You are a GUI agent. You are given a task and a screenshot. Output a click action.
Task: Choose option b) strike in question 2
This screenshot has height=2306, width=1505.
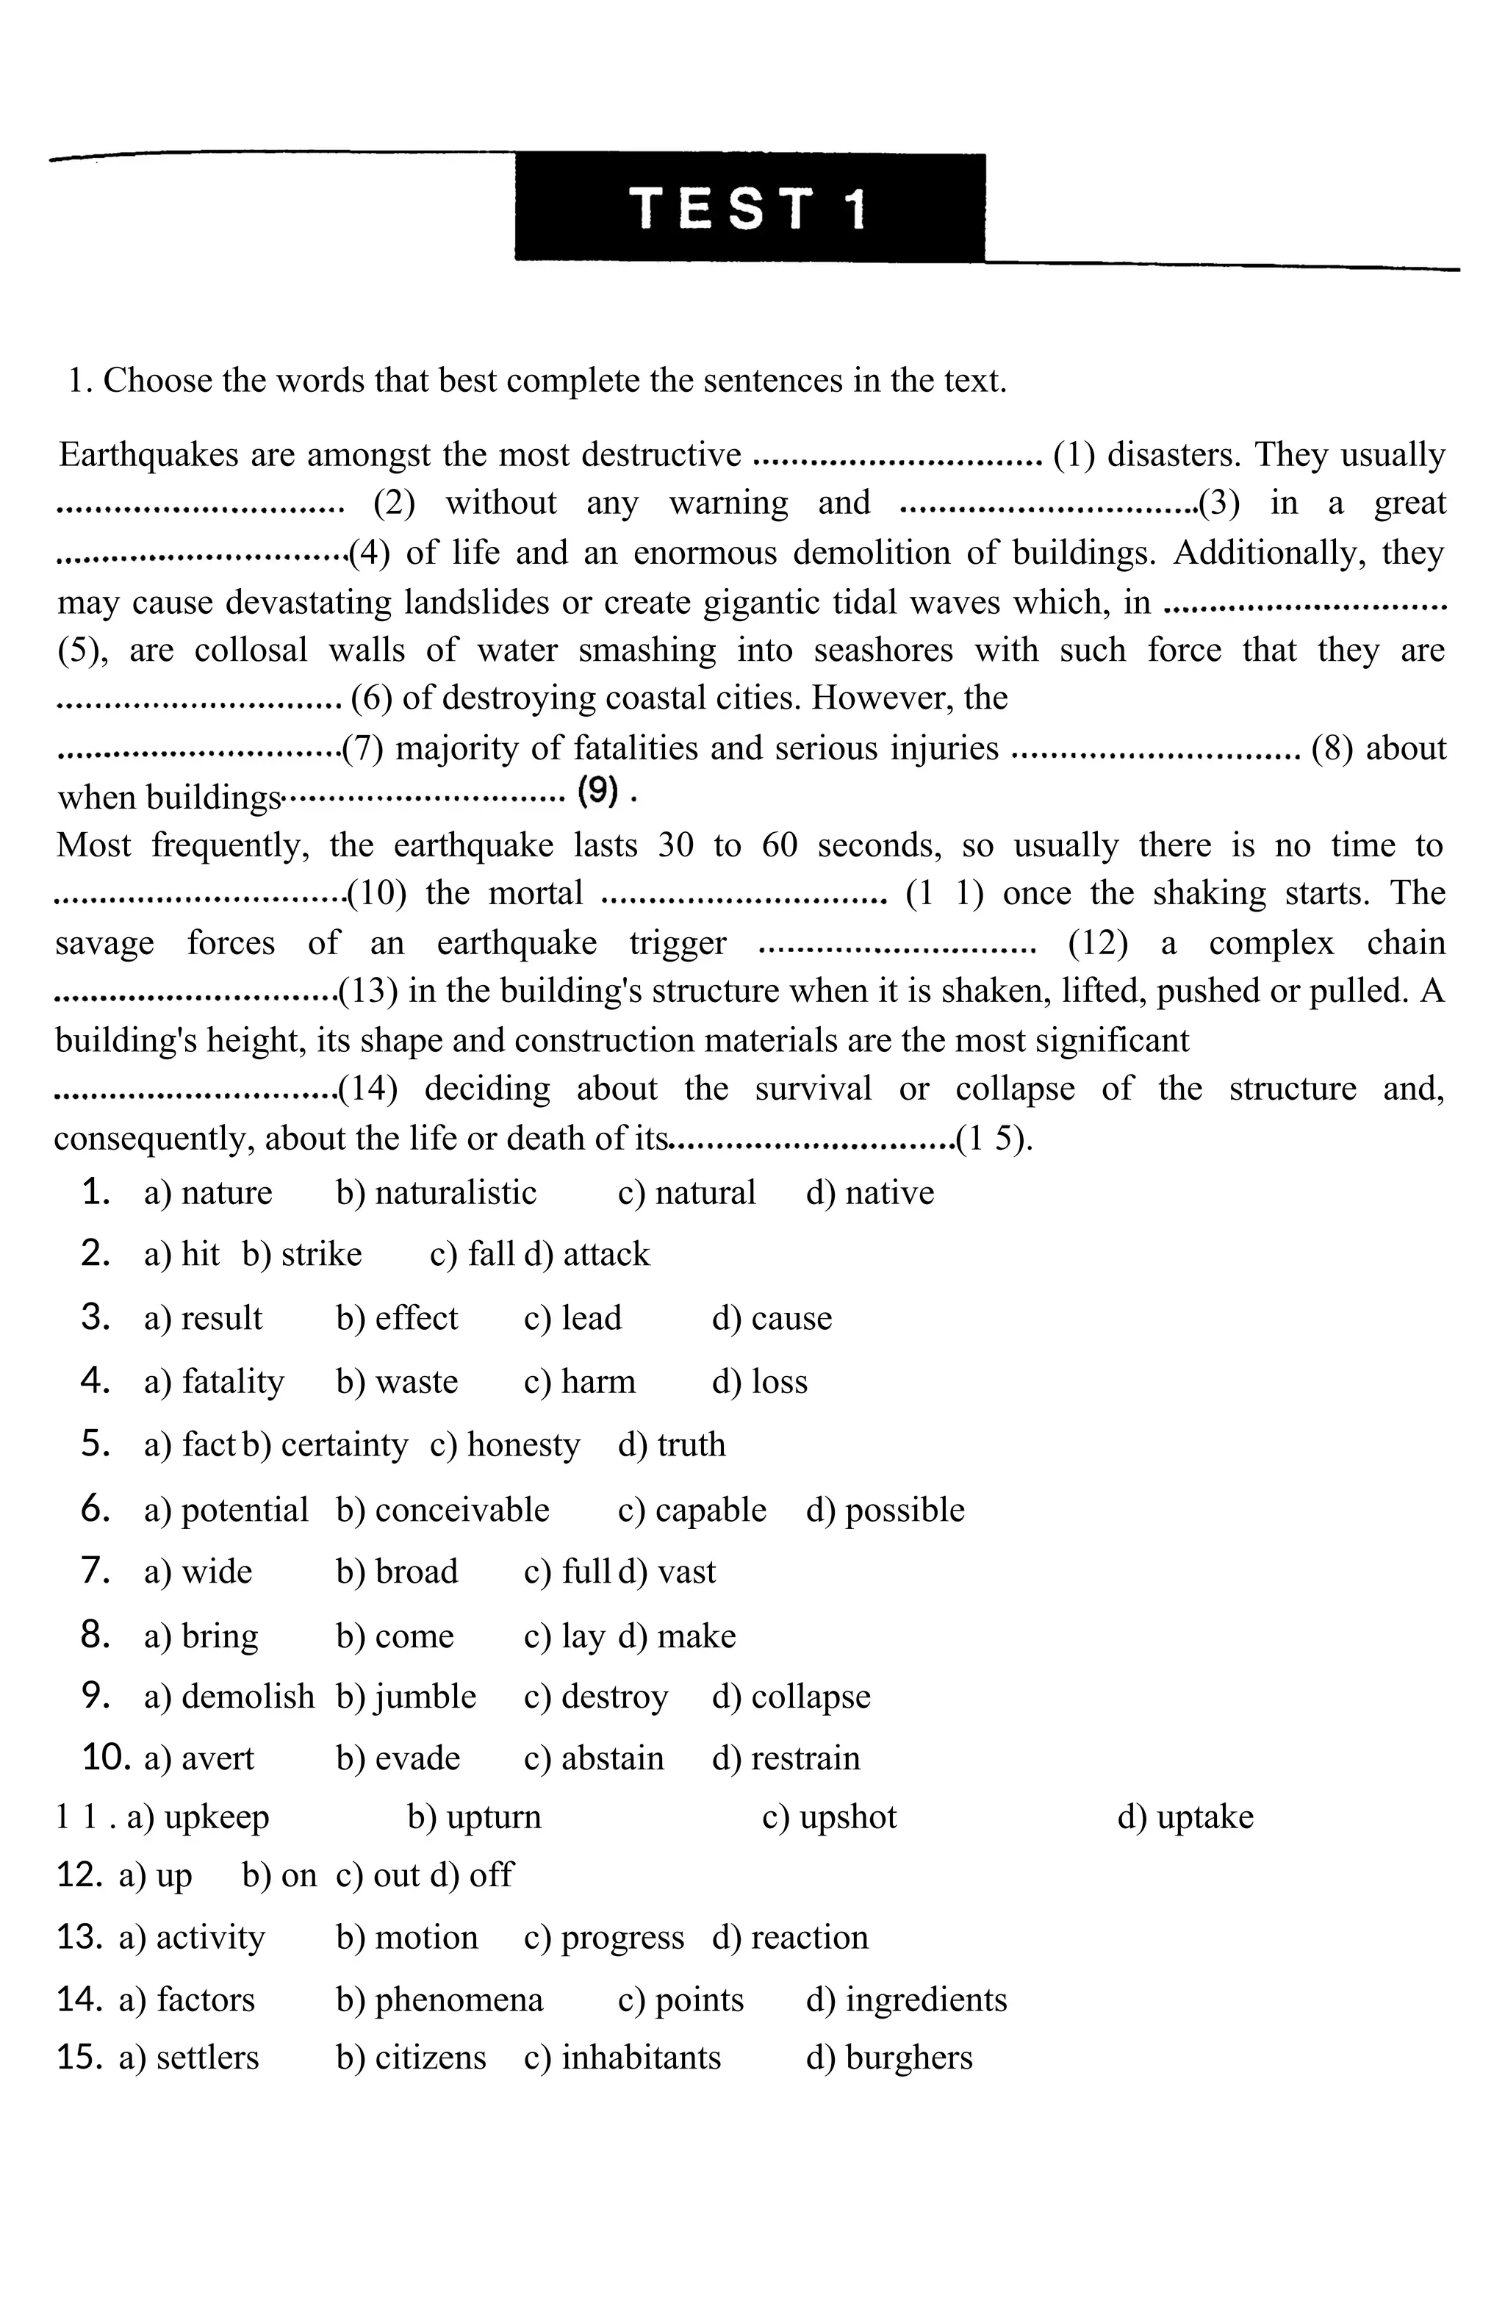(x=302, y=1254)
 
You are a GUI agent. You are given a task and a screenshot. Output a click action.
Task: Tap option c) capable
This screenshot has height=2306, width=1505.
(x=692, y=1510)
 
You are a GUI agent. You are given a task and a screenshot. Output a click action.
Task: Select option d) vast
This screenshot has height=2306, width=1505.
(x=667, y=1572)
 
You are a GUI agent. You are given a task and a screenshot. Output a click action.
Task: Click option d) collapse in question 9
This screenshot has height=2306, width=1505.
(x=791, y=1697)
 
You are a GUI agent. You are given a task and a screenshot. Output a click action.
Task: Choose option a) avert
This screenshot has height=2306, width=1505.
(x=198, y=1758)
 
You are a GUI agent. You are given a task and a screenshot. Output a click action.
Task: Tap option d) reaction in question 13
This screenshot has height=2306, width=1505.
(x=790, y=1937)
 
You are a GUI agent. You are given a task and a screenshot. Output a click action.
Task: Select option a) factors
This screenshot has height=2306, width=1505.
(x=187, y=1999)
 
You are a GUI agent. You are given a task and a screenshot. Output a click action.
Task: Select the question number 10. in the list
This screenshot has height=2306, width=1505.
(x=107, y=1758)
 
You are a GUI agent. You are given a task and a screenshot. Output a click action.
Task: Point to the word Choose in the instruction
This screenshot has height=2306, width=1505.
(x=157, y=381)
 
